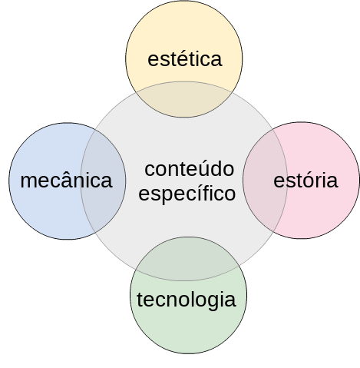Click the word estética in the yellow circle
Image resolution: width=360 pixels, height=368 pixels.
tap(185, 59)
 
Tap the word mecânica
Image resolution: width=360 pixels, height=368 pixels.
tap(66, 181)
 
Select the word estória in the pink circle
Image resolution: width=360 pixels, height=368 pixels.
tap(306, 181)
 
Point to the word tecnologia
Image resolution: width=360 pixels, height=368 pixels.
tap(186, 300)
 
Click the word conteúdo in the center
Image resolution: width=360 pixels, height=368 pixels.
tap(190, 169)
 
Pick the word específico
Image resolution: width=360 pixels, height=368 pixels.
tap(187, 194)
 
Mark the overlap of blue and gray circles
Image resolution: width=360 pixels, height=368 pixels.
tap(104, 181)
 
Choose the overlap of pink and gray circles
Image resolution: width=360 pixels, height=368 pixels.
tap(265, 181)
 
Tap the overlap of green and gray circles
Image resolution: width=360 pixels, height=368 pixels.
tap(188, 259)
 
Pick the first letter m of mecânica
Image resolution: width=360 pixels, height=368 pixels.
tap(28, 182)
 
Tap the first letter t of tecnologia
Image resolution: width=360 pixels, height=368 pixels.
tap(140, 300)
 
